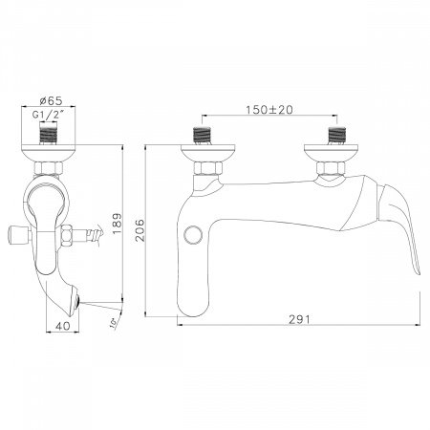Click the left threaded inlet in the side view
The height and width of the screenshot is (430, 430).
205,135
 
